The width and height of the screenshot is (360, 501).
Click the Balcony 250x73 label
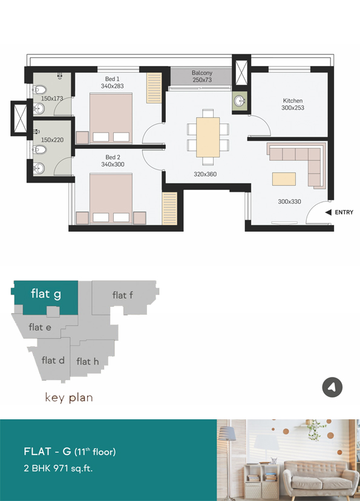pyautogui.click(x=202, y=76)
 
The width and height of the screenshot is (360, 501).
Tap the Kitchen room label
pyautogui.click(x=293, y=100)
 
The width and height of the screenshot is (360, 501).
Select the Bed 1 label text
pyautogui.click(x=112, y=79)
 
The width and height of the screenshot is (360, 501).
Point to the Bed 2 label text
pyautogui.click(x=113, y=157)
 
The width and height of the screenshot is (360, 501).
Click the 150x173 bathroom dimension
pyautogui.click(x=52, y=99)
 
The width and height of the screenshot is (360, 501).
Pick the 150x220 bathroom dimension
pyautogui.click(x=52, y=140)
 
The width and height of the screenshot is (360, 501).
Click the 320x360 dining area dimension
pyautogui.click(x=205, y=174)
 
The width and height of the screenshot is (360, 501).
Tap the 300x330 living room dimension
pyautogui.click(x=289, y=201)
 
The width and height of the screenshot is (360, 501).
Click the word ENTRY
pyautogui.click(x=344, y=212)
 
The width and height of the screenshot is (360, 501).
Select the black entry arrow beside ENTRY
pyautogui.click(x=328, y=212)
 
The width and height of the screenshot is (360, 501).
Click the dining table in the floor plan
pyautogui.click(x=208, y=137)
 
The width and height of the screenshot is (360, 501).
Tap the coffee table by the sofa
pyautogui.click(x=284, y=179)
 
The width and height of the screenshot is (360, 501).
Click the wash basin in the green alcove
pyautogui.click(x=240, y=101)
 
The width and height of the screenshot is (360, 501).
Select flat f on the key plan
pyautogui.click(x=123, y=295)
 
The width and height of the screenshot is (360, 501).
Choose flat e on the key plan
pyautogui.click(x=40, y=327)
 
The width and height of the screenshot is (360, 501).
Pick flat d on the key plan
pyautogui.click(x=53, y=361)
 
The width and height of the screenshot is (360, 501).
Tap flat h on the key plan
pyautogui.click(x=88, y=361)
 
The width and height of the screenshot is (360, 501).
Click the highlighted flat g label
pyautogui.click(x=46, y=294)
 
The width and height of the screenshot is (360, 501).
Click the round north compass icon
pyautogui.click(x=332, y=387)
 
